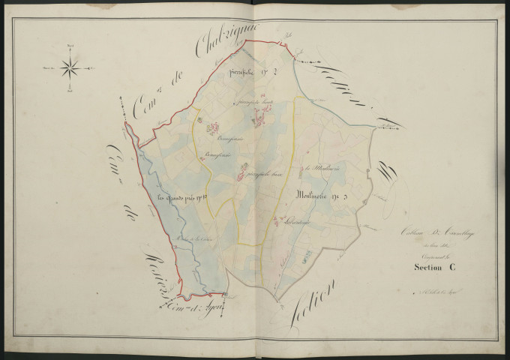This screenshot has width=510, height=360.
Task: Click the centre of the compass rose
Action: tap(70, 70)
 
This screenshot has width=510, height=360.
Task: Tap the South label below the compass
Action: tap(70, 93)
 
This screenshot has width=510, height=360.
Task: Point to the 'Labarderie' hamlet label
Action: tap(288, 222)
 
